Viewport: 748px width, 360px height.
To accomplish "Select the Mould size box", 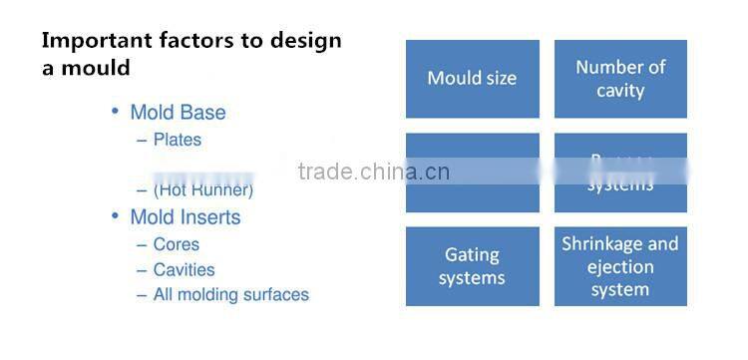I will click(472, 78).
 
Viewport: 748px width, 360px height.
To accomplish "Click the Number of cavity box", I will click(620, 79).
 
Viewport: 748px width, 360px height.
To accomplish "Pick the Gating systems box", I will click(472, 266).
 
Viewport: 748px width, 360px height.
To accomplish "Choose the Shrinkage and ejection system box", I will click(620, 266).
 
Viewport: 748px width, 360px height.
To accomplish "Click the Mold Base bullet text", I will click(178, 113).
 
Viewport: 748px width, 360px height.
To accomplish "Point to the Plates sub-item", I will click(177, 140).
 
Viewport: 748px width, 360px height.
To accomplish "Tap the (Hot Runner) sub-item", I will click(202, 189).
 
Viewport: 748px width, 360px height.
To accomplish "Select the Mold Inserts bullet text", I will click(185, 216).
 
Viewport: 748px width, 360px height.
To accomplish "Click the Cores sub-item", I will click(176, 244).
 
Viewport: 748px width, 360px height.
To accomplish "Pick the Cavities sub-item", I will click(184, 269).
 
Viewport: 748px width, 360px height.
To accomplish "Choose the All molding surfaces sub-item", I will click(230, 294).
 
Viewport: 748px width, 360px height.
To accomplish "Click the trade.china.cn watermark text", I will click(373, 172).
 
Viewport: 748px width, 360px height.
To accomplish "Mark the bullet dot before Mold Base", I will click(116, 112).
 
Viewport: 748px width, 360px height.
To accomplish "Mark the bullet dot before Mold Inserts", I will click(116, 215).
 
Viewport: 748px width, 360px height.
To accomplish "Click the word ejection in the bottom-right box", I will click(620, 267).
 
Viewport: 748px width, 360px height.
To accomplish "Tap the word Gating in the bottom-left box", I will click(472, 255).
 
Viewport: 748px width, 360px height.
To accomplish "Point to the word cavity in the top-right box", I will click(620, 91).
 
